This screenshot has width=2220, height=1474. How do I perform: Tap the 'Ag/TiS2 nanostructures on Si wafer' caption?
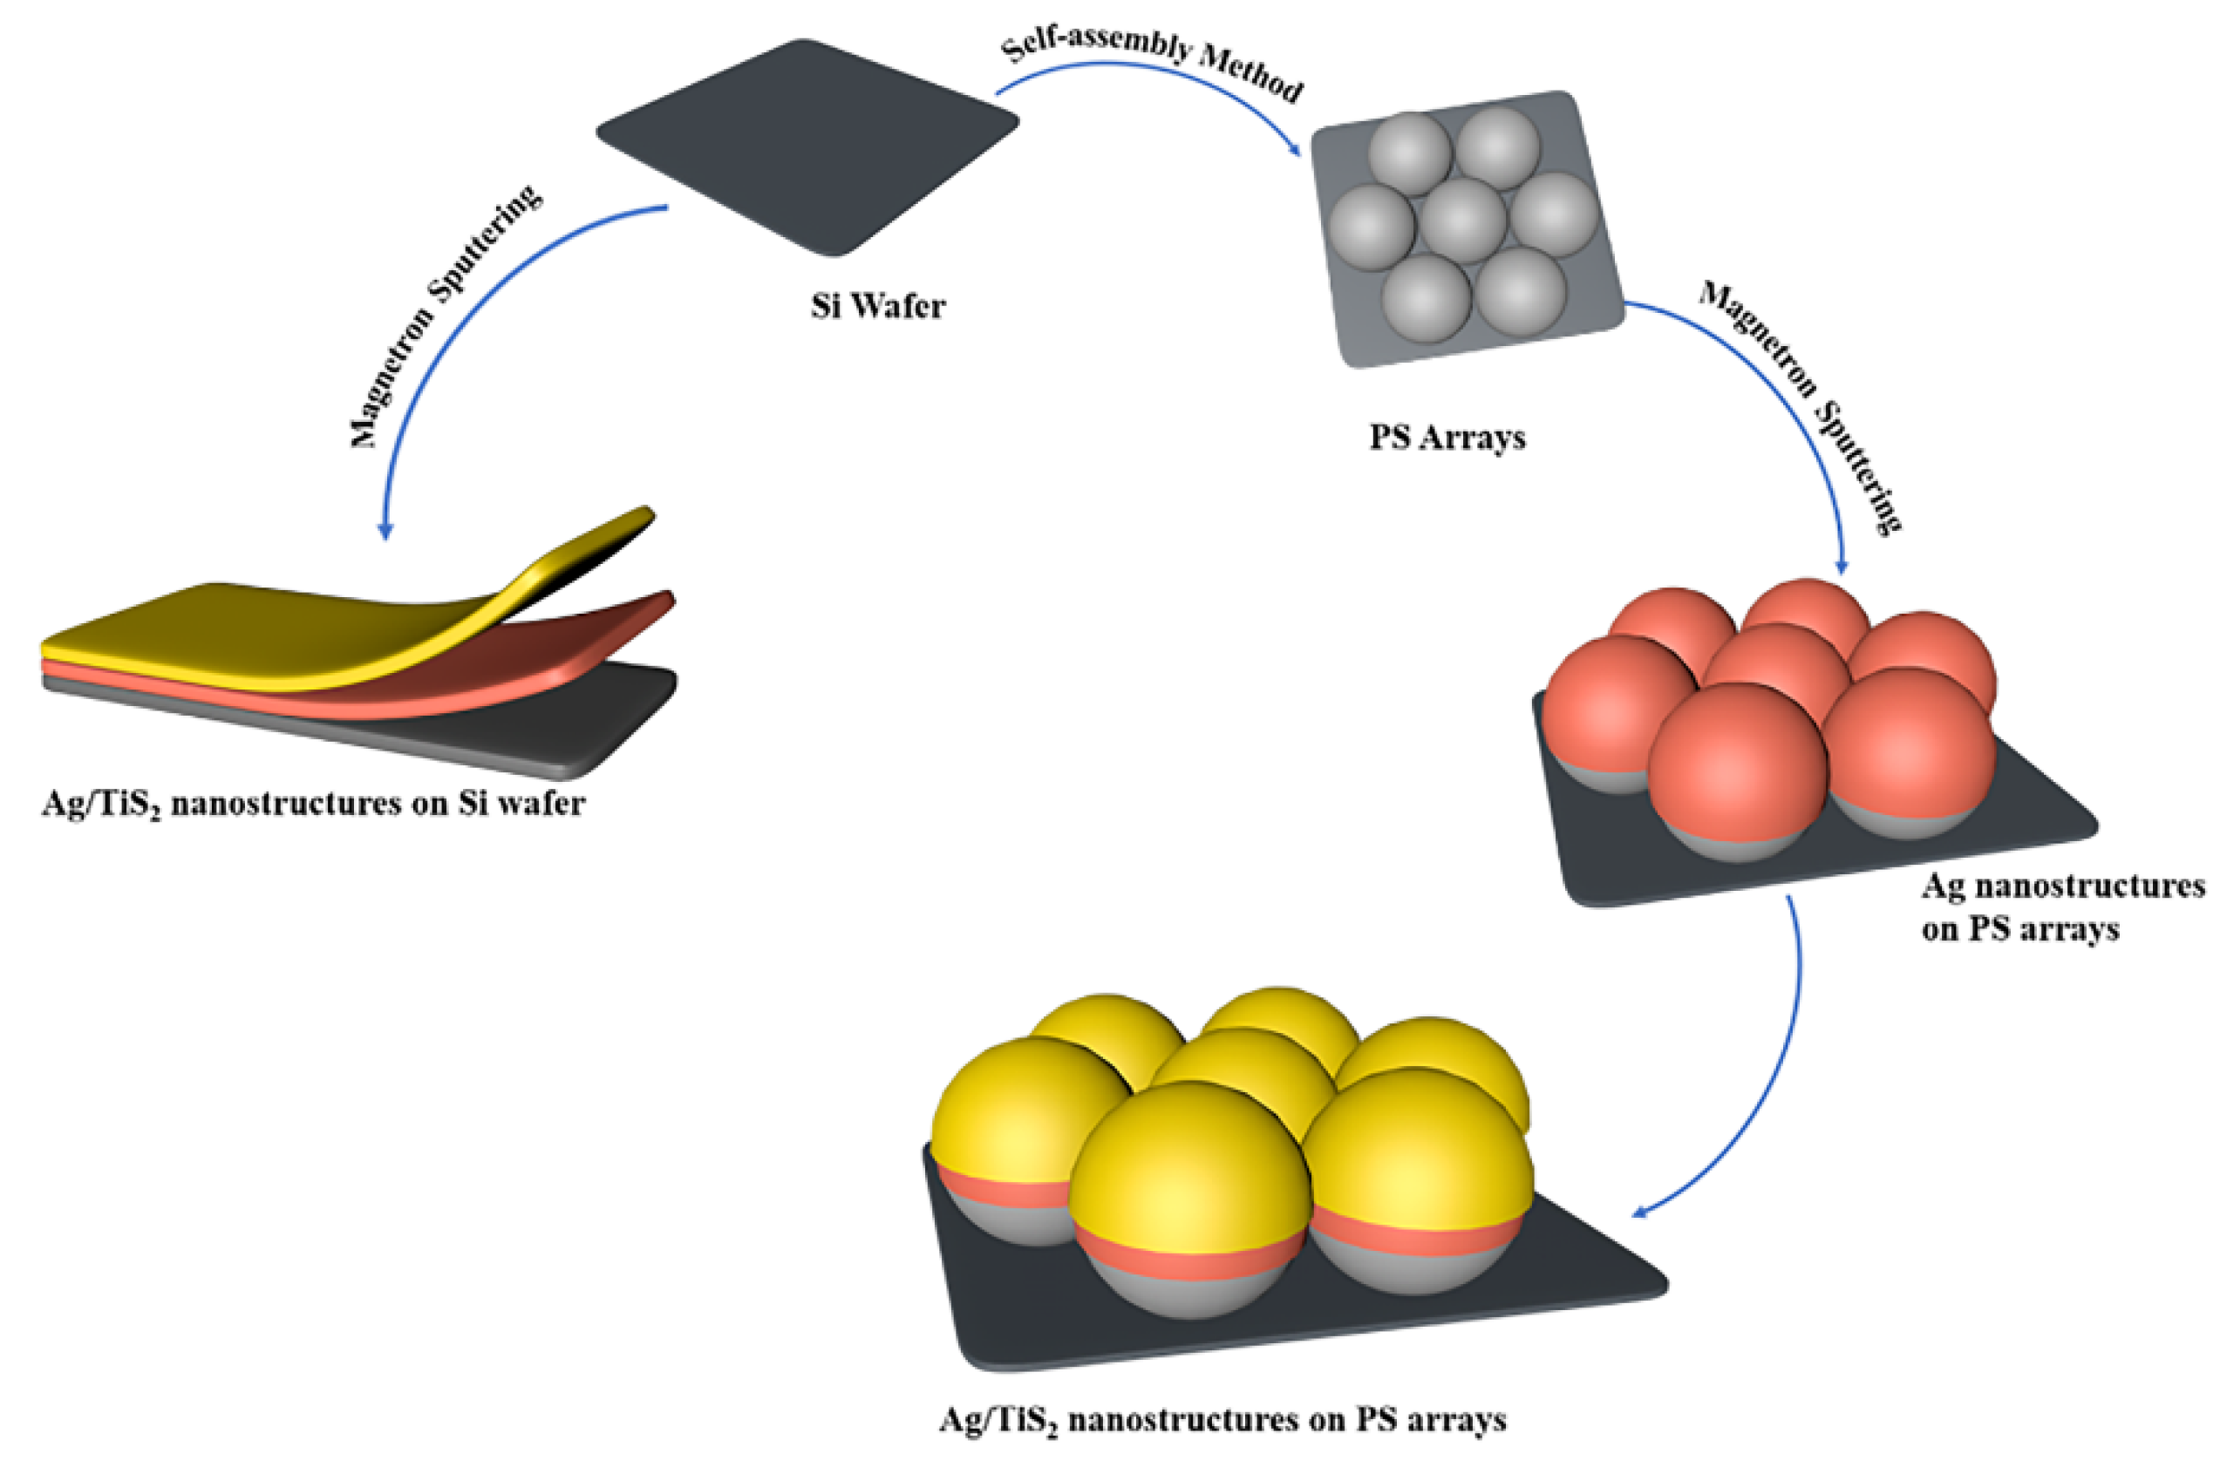(313, 805)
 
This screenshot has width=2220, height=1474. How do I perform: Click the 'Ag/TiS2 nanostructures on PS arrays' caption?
(1222, 1419)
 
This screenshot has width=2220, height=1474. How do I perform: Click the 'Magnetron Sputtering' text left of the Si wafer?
(442, 315)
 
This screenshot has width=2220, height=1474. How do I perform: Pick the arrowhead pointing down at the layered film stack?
(385, 530)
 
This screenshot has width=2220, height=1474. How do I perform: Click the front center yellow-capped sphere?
(1189, 1165)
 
